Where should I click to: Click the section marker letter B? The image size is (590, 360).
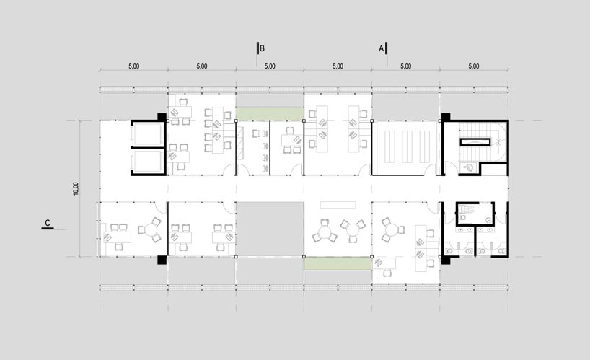pyautogui.click(x=263, y=49)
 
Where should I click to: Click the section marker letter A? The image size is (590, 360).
pyautogui.click(x=382, y=49)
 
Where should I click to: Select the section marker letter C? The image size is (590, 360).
pyautogui.click(x=47, y=223)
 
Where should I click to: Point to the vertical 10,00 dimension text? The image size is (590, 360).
pyautogui.click(x=76, y=188)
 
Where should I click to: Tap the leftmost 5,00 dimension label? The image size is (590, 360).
pyautogui.click(x=133, y=66)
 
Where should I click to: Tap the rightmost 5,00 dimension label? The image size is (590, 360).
pyautogui.click(x=473, y=66)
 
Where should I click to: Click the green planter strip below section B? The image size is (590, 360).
pyautogui.click(x=270, y=113)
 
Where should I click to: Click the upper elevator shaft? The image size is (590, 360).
pyautogui.click(x=148, y=134)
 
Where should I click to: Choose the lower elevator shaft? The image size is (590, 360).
pyautogui.click(x=148, y=161)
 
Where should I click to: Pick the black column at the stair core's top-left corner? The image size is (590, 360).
pyautogui.click(x=446, y=116)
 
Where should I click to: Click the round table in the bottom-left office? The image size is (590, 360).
pyautogui.click(x=151, y=232)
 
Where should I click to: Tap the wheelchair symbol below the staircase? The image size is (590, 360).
pyautogui.click(x=470, y=167)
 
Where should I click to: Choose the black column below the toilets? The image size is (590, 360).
pyautogui.click(x=446, y=260)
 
